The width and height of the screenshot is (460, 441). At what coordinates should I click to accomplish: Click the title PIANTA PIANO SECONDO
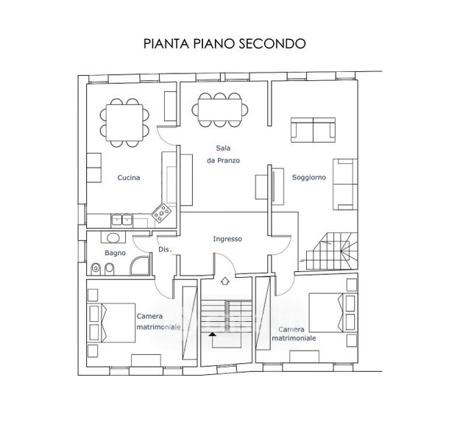[224, 43]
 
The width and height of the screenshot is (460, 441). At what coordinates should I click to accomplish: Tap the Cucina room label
[129, 178]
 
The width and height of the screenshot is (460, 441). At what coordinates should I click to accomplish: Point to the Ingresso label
[227, 239]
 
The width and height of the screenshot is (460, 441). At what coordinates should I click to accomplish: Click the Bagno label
[115, 253]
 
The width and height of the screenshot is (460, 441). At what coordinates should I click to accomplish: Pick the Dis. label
[164, 251]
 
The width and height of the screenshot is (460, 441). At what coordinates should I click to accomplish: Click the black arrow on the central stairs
[213, 334]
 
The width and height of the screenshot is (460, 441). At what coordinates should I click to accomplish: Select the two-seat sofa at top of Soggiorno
[314, 130]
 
